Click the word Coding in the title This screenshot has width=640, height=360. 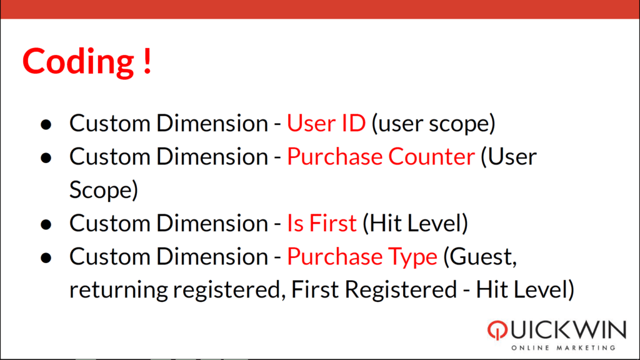[x=78, y=62]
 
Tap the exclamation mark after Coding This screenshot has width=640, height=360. [x=147, y=61]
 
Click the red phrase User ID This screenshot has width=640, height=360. [x=326, y=123]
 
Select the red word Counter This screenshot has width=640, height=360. [x=431, y=156]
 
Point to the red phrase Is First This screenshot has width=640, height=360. [x=322, y=223]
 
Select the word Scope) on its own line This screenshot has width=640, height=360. [x=104, y=191]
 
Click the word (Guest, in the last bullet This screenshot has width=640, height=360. [x=480, y=257]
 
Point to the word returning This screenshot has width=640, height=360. [x=118, y=291]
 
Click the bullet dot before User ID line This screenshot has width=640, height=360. [x=46, y=124]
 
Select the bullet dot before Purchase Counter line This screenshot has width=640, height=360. [x=46, y=157]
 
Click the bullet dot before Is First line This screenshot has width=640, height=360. [x=46, y=224]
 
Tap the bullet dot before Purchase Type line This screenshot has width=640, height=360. [x=46, y=257]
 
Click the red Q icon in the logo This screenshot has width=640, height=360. [x=497, y=330]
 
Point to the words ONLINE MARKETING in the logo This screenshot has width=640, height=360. [x=563, y=347]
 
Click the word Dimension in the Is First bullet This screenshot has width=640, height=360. [x=212, y=223]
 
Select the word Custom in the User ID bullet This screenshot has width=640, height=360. [x=110, y=123]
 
